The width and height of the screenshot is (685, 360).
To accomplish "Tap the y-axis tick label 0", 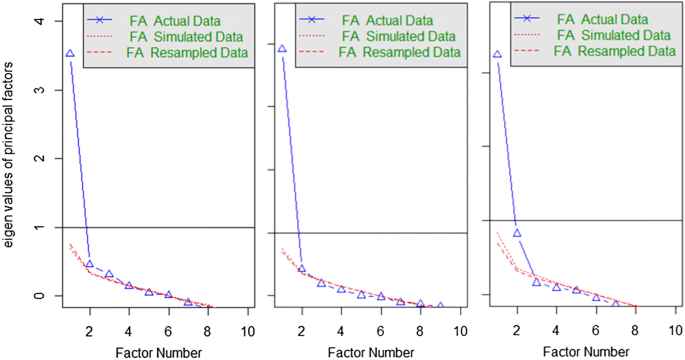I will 39,296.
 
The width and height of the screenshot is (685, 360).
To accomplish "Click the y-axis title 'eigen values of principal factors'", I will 10,175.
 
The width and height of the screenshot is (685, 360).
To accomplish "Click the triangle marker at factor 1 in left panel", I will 69,54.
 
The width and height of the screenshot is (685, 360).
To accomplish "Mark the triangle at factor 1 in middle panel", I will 282,49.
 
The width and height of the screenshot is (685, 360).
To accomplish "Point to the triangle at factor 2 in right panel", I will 517,233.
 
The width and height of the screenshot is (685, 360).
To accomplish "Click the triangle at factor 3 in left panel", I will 109,274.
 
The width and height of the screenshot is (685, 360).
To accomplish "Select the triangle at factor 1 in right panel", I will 497,55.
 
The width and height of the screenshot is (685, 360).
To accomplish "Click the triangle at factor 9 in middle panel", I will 440,305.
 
